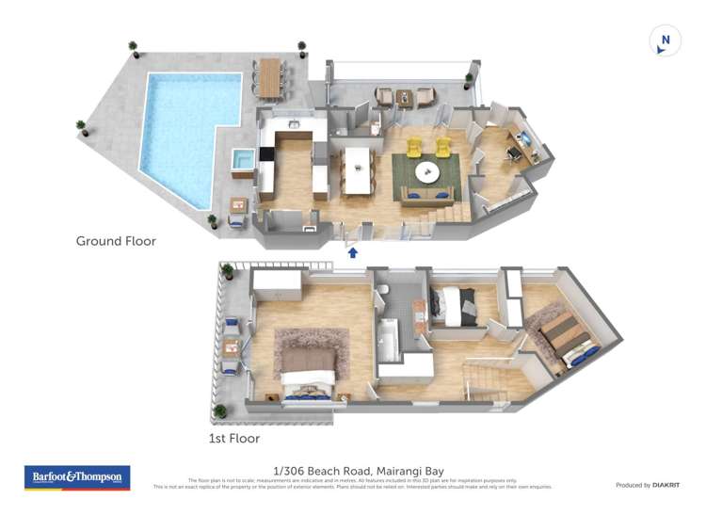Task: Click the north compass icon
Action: (x=665, y=40)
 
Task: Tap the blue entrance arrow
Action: (x=353, y=251)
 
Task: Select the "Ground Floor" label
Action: (x=116, y=241)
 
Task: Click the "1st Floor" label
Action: (x=233, y=438)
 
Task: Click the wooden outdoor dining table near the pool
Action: (x=271, y=76)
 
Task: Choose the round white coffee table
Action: (x=426, y=171)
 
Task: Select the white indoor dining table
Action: (x=358, y=169)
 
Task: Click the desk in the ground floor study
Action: (x=523, y=145)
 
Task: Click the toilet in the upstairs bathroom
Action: (x=384, y=293)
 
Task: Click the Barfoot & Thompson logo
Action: (x=76, y=477)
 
